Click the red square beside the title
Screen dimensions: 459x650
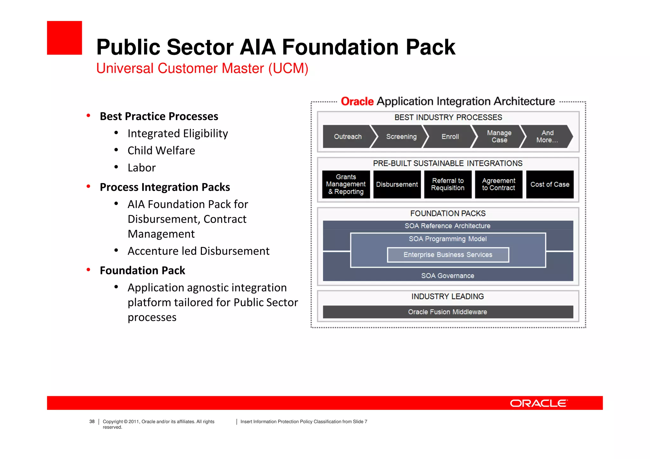point(64,38)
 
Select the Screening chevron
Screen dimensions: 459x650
point(401,137)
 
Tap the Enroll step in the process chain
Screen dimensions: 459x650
point(450,137)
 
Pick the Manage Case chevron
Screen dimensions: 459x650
point(499,136)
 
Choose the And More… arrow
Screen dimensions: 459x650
point(547,136)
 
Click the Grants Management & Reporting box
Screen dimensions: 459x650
point(346,184)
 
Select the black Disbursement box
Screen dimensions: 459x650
point(397,184)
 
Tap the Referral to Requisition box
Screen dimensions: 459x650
point(448,184)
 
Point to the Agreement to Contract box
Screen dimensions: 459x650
point(498,184)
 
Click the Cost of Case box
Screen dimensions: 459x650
point(550,184)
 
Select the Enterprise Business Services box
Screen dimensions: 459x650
point(448,255)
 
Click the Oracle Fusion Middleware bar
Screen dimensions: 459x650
point(448,312)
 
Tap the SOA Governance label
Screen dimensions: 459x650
point(448,276)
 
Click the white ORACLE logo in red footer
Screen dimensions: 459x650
point(539,403)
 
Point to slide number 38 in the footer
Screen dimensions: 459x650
point(92,422)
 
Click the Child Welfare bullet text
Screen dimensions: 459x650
point(161,151)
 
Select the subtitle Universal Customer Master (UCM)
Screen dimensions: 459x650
point(202,68)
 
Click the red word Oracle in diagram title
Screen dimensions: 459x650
point(357,102)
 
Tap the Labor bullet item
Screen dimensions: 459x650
point(142,168)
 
